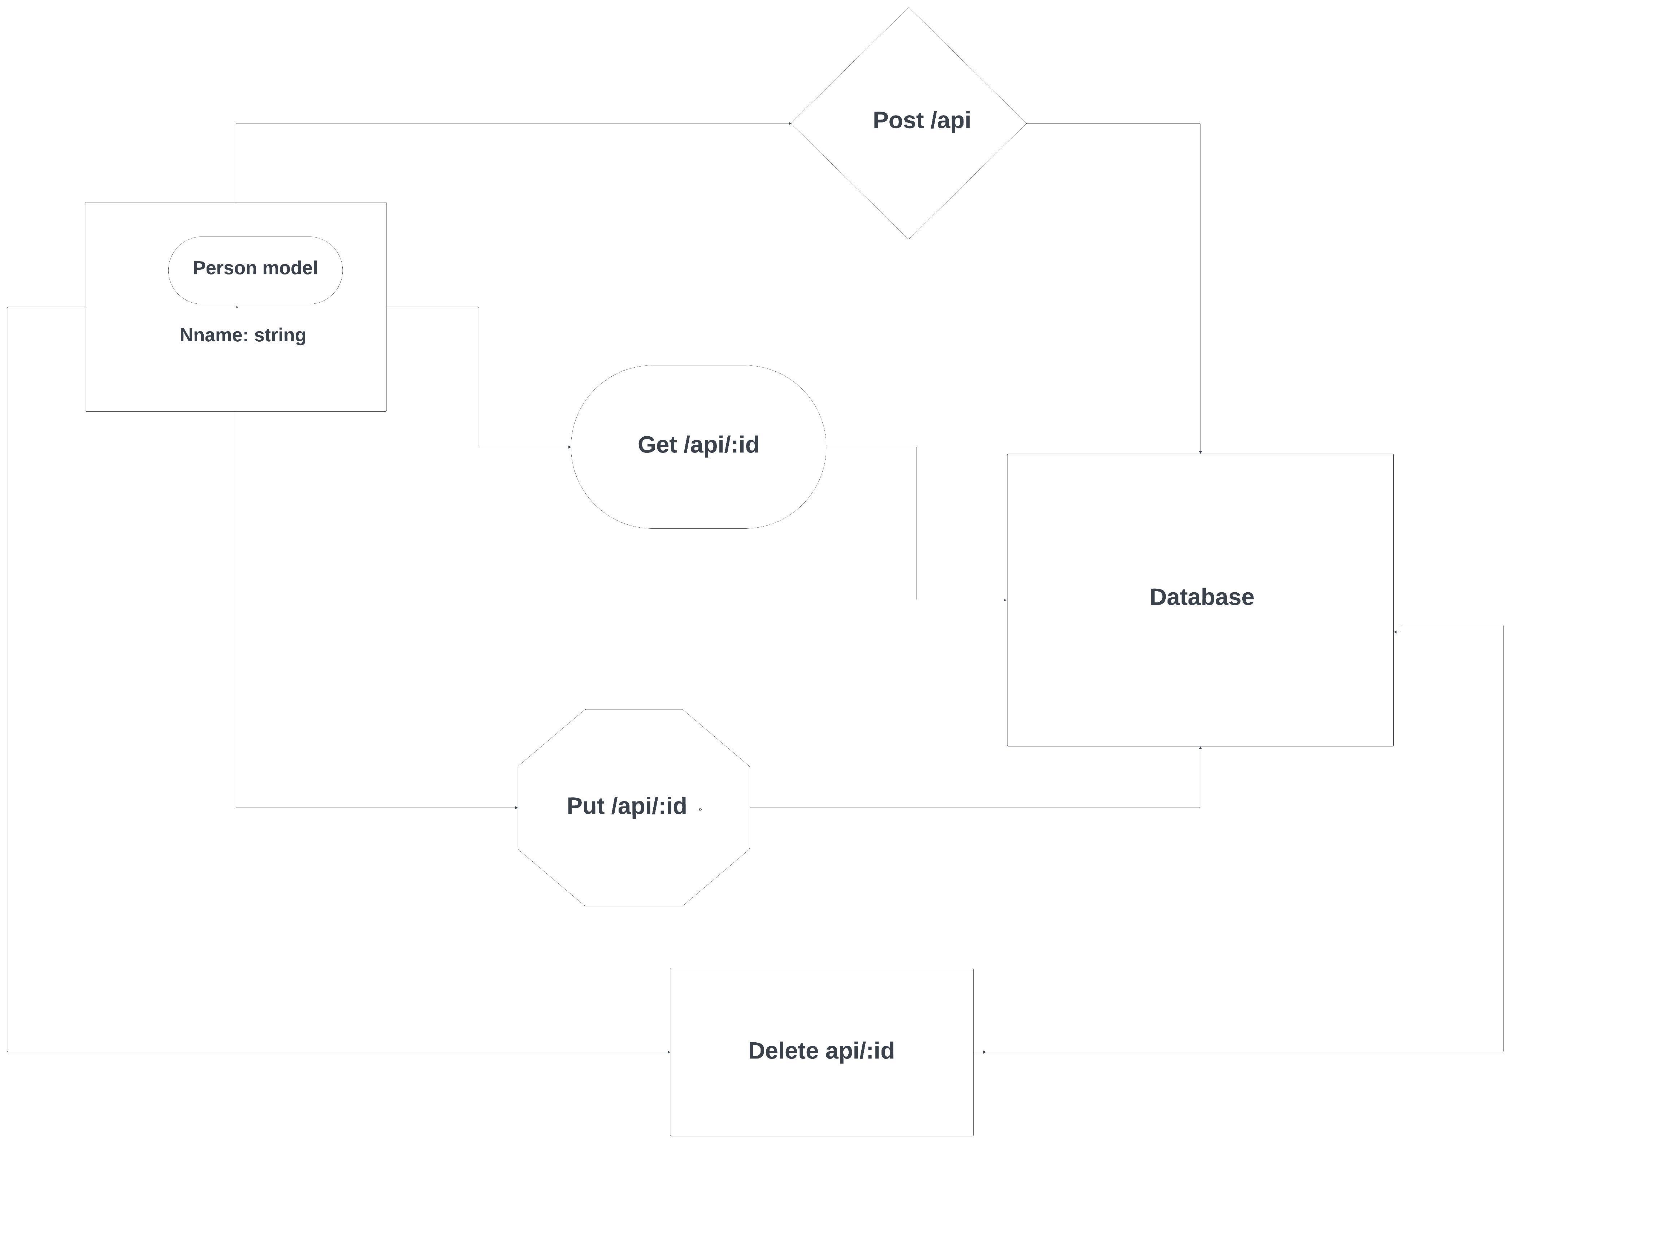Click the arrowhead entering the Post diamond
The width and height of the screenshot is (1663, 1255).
pos(789,123)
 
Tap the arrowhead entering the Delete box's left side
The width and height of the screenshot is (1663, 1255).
pos(668,1052)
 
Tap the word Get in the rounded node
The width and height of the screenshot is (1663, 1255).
pos(657,445)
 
